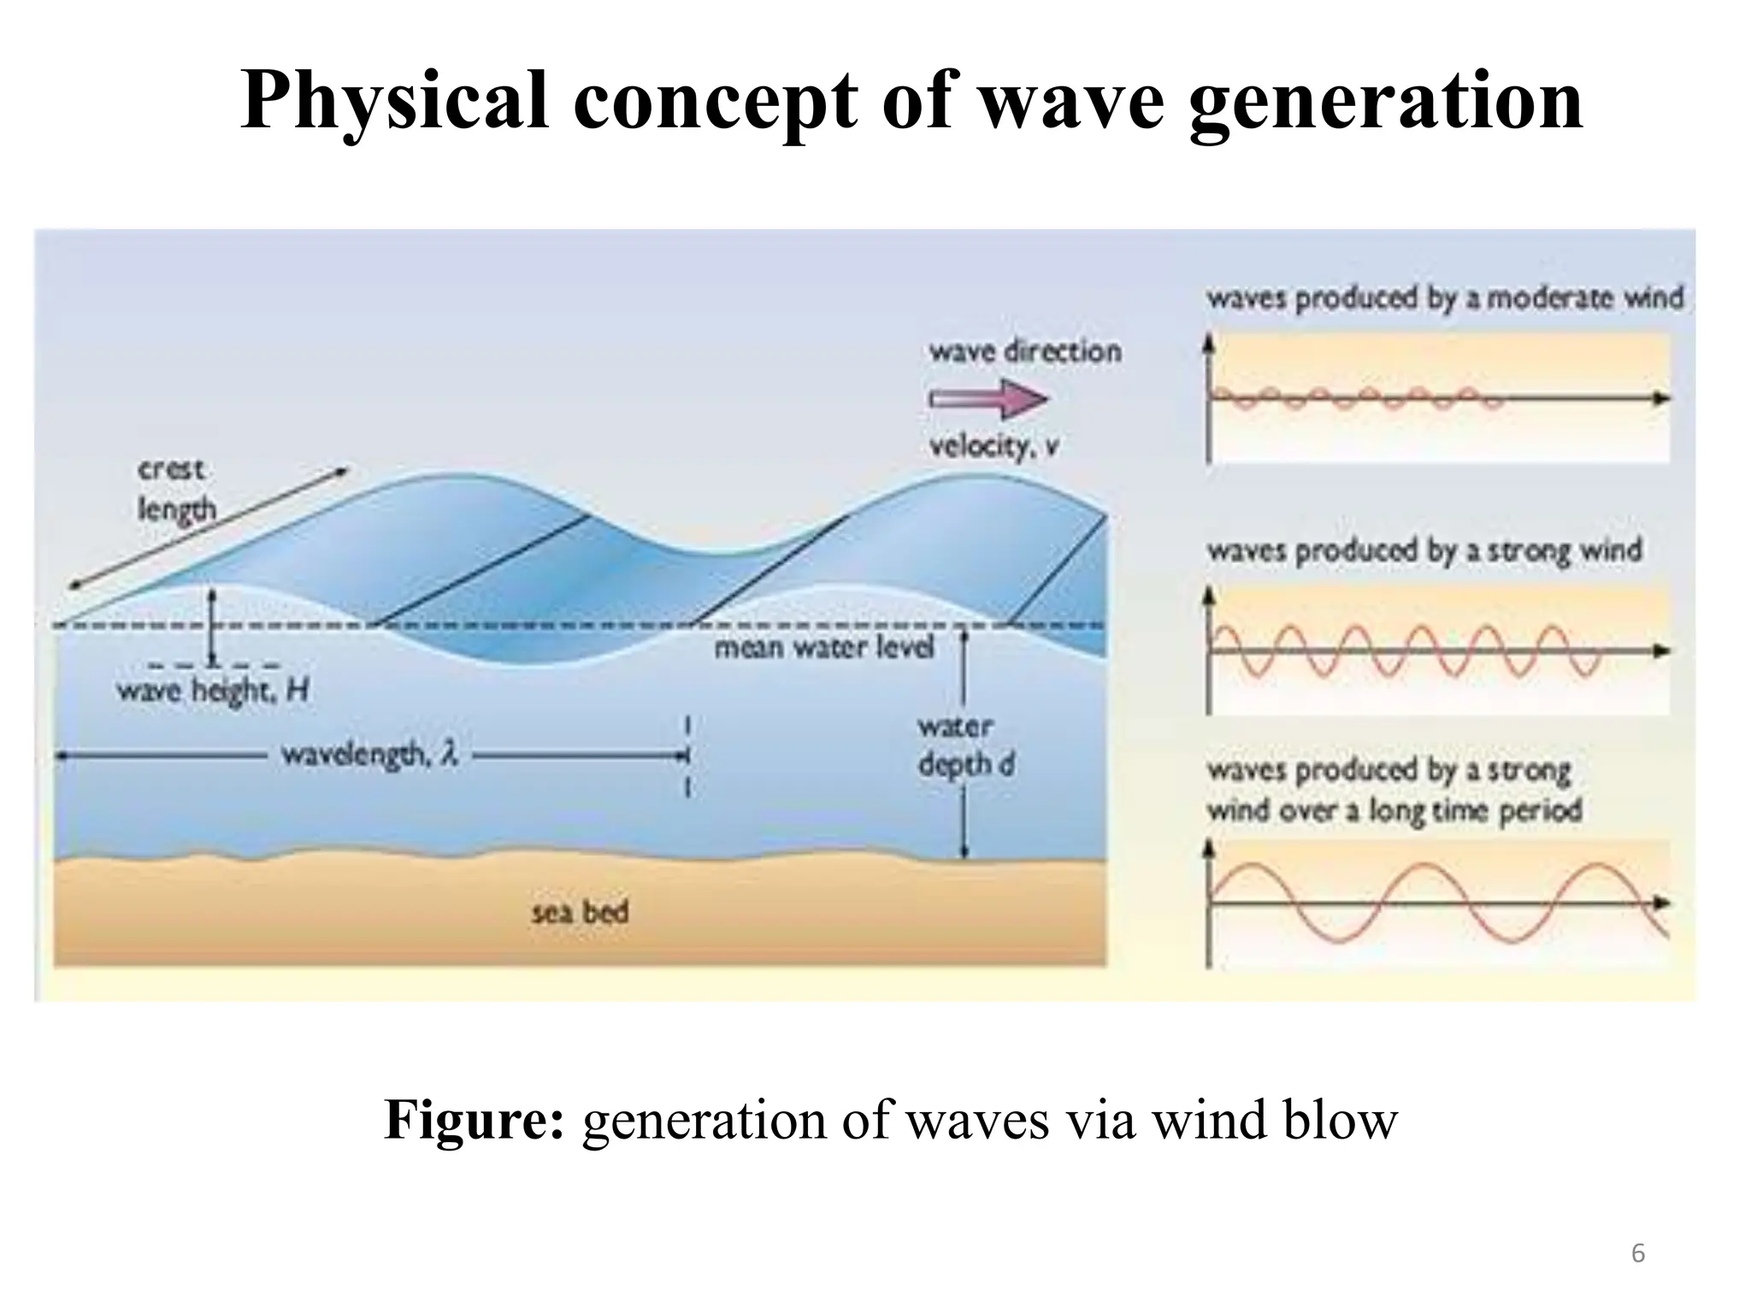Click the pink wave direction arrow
tap(988, 399)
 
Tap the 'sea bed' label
tap(580, 912)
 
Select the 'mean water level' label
tap(824, 647)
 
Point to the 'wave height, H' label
tap(212, 689)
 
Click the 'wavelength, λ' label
tap(369, 755)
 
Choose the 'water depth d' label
tap(965, 745)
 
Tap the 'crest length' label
tap(175, 490)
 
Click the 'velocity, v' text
tap(993, 446)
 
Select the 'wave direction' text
tap(1024, 351)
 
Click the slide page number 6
tap(1637, 1254)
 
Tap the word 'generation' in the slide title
tap(1385, 101)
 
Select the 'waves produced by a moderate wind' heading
tap(1444, 298)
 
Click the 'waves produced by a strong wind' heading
tap(1424, 550)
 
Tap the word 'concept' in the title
tap(716, 101)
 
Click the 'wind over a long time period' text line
tap(1394, 810)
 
